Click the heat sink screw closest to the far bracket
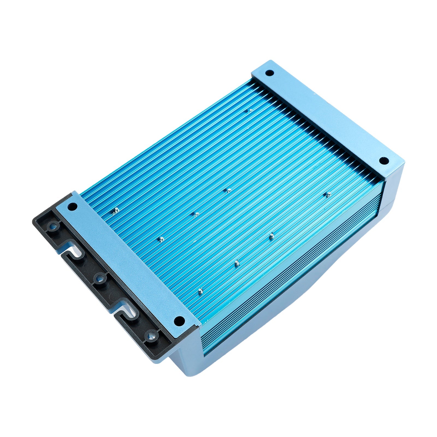click(x=249, y=110)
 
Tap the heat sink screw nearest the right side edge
click(x=328, y=194)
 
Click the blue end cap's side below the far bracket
click(x=393, y=191)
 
